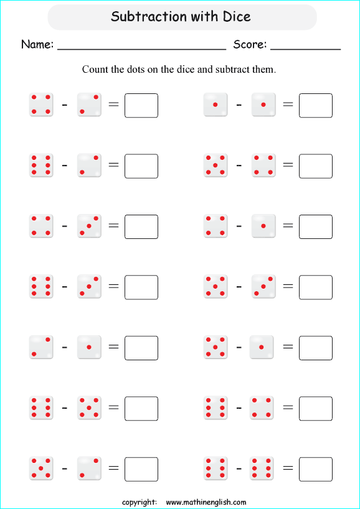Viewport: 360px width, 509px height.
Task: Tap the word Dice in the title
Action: (237, 16)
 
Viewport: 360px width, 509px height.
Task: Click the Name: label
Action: (37, 44)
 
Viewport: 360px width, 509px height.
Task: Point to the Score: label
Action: (250, 44)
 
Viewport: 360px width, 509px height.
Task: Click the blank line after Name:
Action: (141, 49)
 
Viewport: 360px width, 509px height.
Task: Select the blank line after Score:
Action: (305, 49)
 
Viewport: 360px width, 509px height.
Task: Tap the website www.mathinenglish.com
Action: (206, 502)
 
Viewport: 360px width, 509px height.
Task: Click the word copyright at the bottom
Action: (139, 503)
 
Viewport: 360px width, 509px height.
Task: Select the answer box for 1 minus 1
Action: (316, 106)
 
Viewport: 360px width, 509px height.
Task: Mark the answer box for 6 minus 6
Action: (316, 469)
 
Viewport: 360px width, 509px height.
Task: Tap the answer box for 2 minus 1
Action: (141, 348)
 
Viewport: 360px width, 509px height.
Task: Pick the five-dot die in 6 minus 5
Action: (89, 408)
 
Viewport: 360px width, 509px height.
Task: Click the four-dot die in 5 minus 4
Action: (263, 166)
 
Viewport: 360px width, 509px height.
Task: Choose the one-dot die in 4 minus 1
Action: (263, 226)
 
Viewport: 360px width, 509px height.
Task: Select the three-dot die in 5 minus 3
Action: (263, 286)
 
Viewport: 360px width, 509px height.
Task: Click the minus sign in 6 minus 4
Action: (239, 408)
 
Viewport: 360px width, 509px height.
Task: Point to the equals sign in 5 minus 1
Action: (288, 347)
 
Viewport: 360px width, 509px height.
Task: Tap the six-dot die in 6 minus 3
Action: (41, 286)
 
